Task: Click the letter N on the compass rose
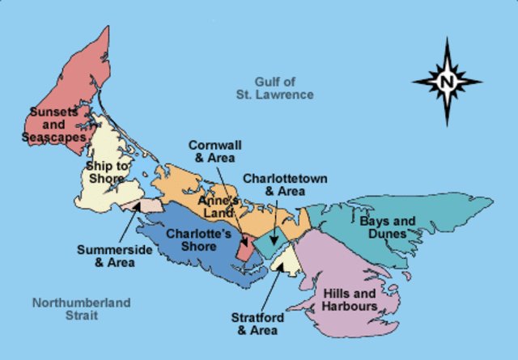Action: (447, 81)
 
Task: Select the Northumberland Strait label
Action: (81, 309)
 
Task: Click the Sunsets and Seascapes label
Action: (54, 125)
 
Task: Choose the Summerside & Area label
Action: (114, 256)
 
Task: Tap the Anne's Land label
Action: (219, 206)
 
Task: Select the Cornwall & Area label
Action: (217, 151)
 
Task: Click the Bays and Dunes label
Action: (388, 227)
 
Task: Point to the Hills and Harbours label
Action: (350, 300)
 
